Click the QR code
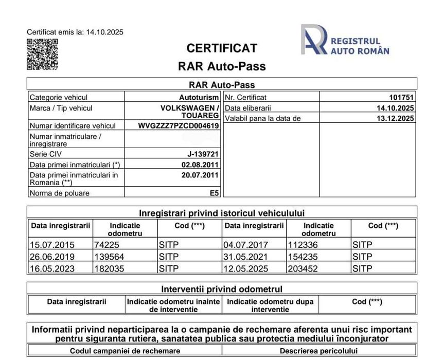(x=42, y=54)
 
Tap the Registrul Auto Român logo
(x=345, y=40)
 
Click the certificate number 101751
(x=402, y=97)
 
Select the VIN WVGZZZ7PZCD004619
(x=179, y=125)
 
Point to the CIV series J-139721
(x=203, y=154)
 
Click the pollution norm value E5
(x=214, y=193)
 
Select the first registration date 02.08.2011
(x=200, y=165)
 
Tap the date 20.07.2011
(x=200, y=175)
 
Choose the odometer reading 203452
(x=304, y=268)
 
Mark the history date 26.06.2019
(x=52, y=257)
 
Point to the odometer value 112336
(x=304, y=245)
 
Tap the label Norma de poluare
(x=60, y=193)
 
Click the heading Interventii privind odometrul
(x=222, y=289)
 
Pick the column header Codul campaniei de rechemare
(x=125, y=351)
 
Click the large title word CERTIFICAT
(x=222, y=48)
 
